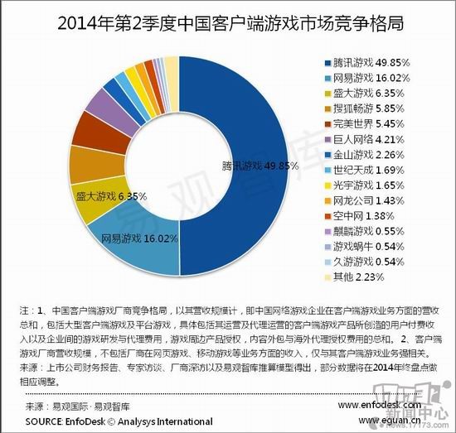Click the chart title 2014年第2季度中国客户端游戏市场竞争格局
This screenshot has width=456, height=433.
point(228,22)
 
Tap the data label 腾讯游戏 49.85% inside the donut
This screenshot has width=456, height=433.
point(260,165)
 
